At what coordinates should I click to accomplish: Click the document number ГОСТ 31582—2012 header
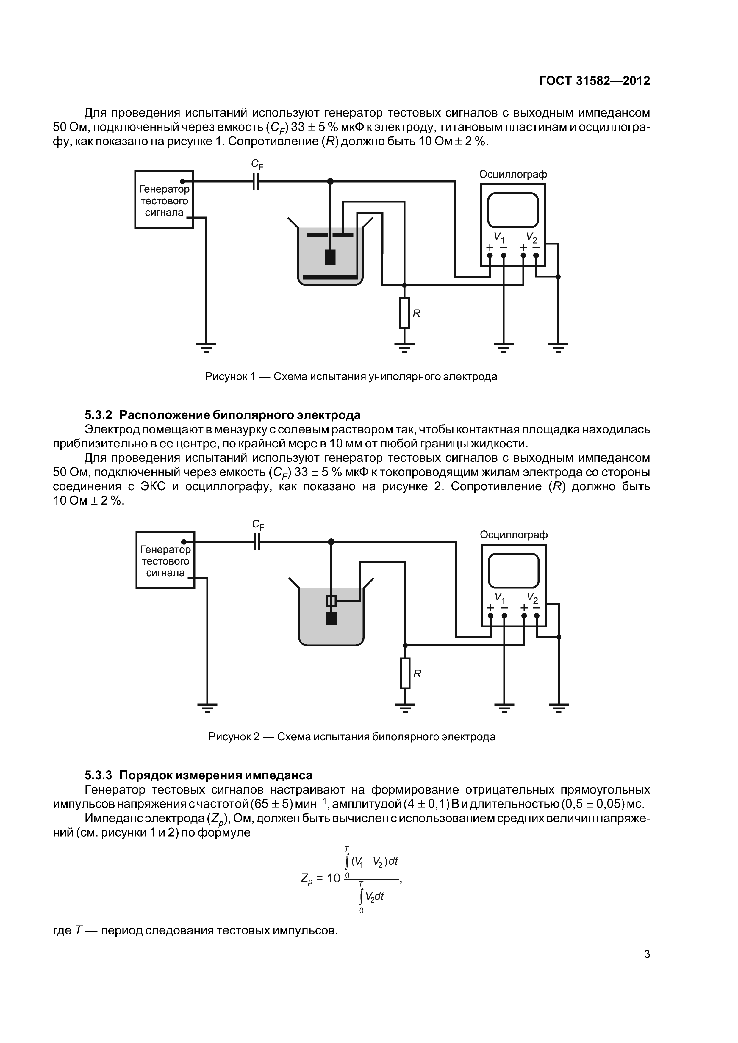(594, 81)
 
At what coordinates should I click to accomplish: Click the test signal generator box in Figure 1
(164, 200)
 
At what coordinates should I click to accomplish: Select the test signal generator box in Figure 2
(165, 560)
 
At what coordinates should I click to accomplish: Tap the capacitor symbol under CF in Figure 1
(257, 182)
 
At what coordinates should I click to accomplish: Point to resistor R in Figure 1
(404, 313)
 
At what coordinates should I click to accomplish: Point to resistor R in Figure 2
(405, 673)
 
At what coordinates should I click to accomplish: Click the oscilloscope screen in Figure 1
(513, 210)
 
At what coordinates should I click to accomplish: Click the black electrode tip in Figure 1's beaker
(330, 257)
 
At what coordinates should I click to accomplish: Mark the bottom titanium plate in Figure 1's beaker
(330, 277)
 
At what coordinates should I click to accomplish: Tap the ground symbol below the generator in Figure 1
(206, 348)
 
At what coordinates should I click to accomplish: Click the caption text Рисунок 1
(230, 377)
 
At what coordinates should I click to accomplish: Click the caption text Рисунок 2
(233, 737)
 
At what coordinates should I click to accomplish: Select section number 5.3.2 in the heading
(98, 415)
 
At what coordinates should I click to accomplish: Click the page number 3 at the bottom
(647, 954)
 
